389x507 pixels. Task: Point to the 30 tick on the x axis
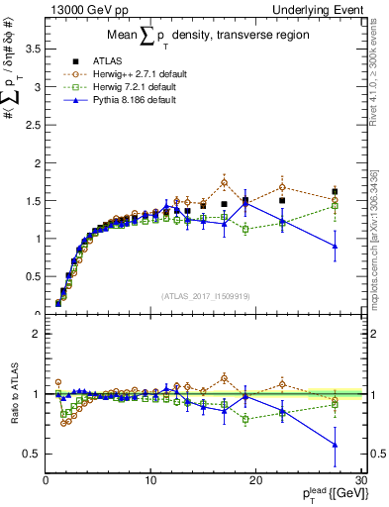coord(361,480)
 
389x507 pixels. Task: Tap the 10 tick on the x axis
coord(150,480)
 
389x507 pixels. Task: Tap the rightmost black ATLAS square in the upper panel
coord(336,191)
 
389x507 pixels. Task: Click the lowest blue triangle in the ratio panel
coord(336,445)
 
